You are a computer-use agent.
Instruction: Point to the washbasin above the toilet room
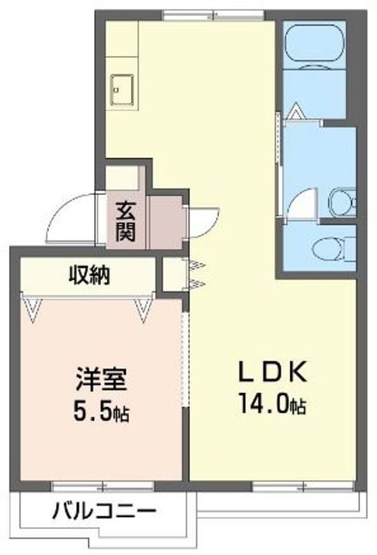tap(339, 203)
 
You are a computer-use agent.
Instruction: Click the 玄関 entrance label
tap(126, 220)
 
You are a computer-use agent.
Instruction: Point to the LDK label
tap(272, 373)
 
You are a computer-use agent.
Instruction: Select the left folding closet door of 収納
tap(32, 310)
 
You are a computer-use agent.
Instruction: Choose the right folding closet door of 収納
tap(144, 309)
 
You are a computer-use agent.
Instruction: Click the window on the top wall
tap(214, 14)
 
